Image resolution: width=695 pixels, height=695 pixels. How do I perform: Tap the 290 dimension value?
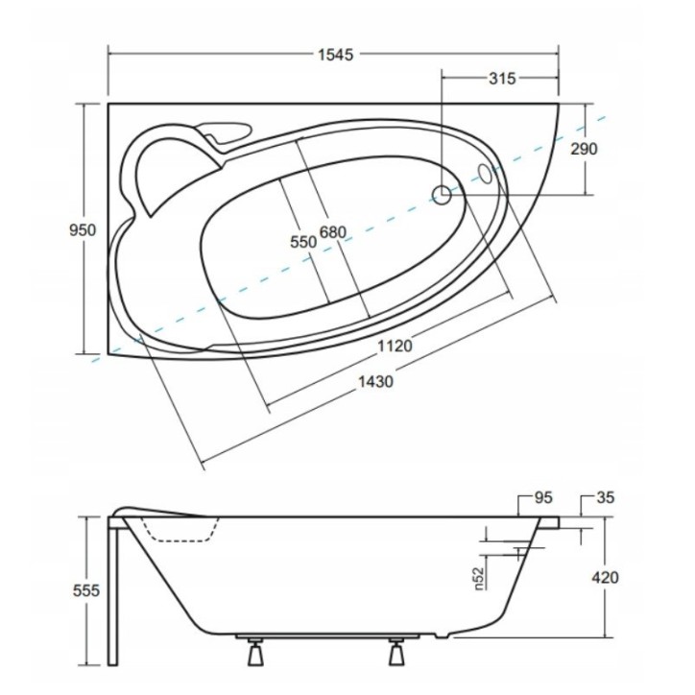coord(583,149)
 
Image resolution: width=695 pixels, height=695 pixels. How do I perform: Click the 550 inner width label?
coord(302,242)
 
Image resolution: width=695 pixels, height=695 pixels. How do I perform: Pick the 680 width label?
coord(333,232)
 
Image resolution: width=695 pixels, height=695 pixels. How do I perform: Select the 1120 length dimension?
coord(395,347)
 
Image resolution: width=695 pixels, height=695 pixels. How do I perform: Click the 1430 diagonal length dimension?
coord(375,381)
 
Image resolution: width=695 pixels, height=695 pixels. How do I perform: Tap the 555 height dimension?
coord(85,591)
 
